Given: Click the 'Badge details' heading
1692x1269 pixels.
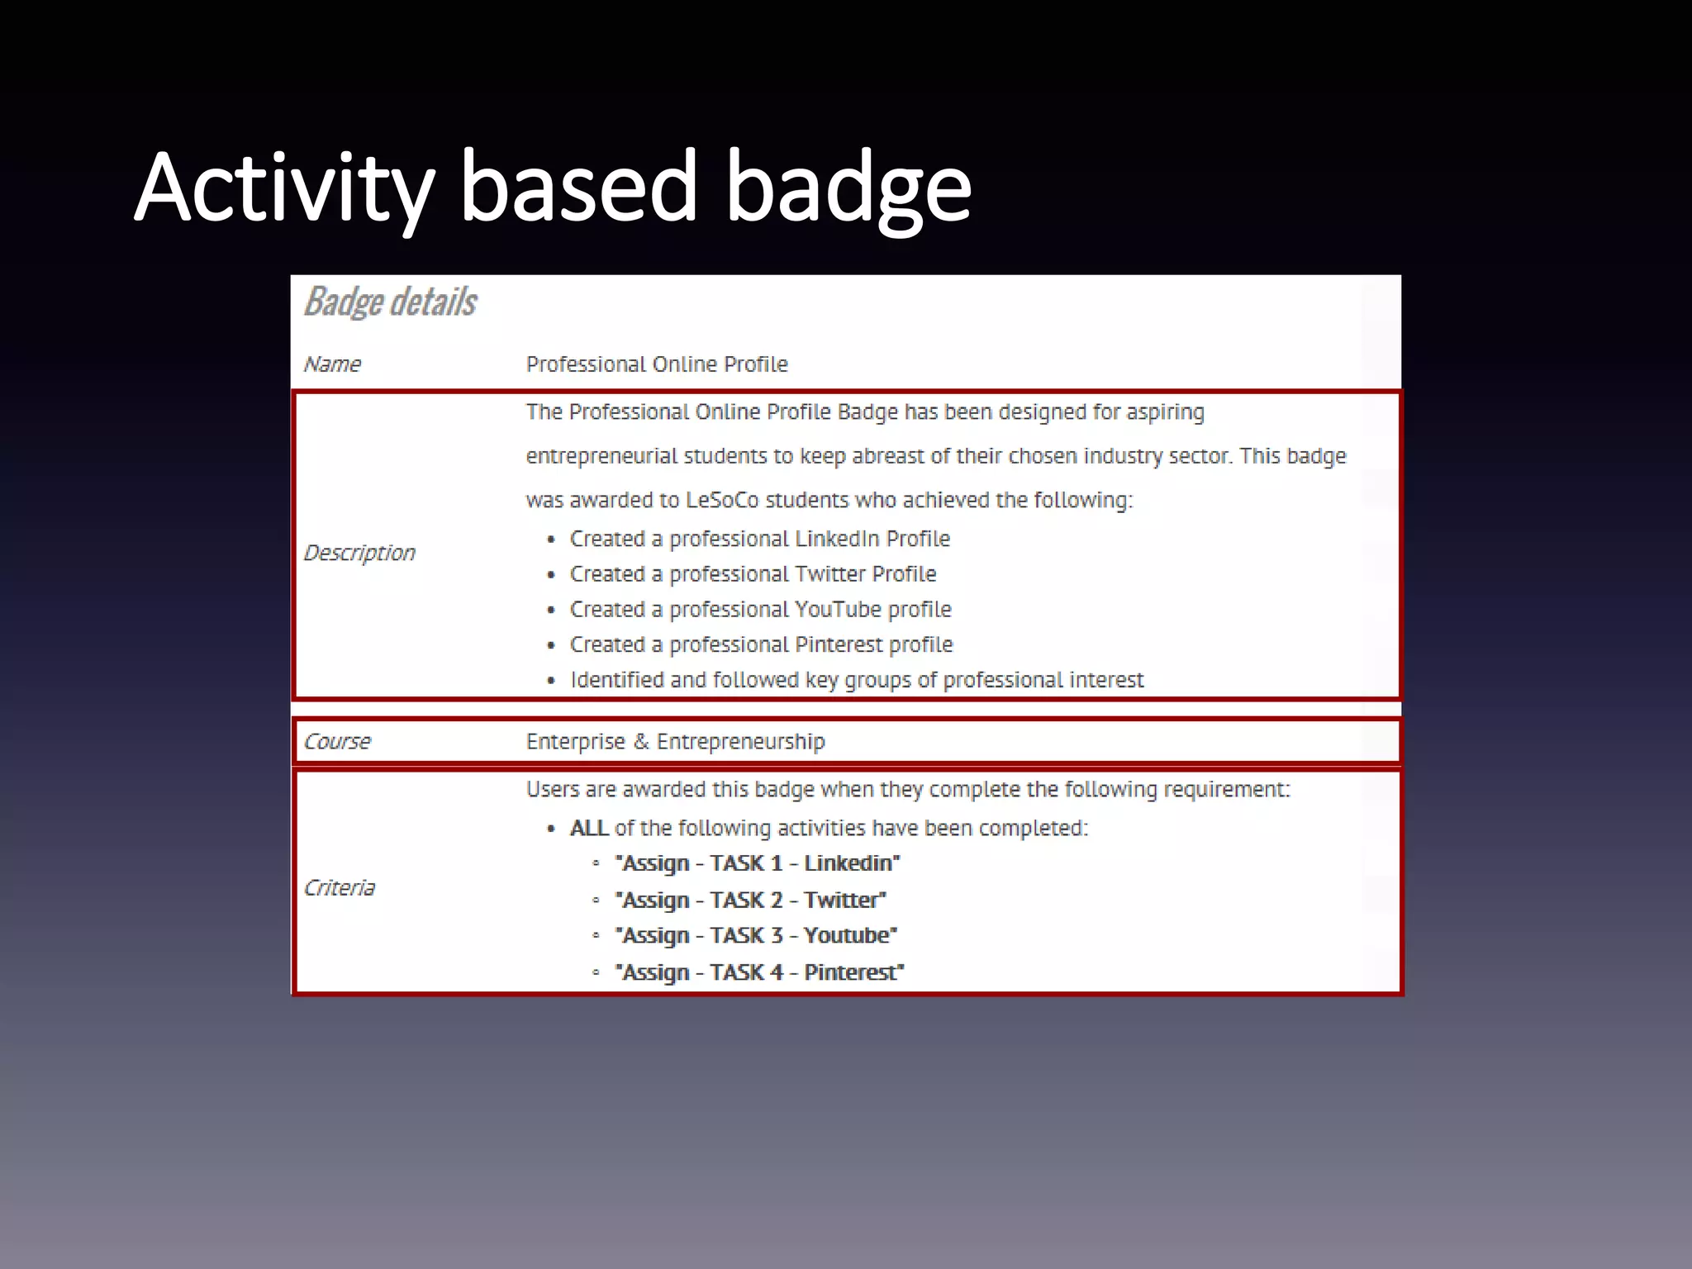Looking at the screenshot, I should [390, 302].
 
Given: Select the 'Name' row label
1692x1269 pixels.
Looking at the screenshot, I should [332, 364].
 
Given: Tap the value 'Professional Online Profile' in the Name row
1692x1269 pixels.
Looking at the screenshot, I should [657, 364].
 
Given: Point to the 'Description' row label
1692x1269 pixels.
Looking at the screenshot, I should [359, 553].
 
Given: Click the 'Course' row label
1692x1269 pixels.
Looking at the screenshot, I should [337, 742].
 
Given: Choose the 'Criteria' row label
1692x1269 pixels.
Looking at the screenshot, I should [340, 888].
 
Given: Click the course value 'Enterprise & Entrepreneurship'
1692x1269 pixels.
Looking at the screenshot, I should [675, 742].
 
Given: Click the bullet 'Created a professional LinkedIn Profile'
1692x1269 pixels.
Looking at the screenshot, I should [759, 539].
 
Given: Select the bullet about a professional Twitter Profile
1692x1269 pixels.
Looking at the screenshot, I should [753, 574].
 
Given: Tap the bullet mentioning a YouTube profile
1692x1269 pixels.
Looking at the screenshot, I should [760, 610].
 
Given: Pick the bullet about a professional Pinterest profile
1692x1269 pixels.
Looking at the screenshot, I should [761, 645].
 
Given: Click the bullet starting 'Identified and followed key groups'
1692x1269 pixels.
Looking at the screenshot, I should [857, 680].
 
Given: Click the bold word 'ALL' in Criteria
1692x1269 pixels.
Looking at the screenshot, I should [589, 829].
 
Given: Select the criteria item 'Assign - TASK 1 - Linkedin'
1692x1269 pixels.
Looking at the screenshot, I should [758, 864].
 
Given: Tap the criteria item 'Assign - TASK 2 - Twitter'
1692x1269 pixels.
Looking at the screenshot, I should [751, 901].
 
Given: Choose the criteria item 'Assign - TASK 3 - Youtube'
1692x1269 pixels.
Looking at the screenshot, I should [756, 936].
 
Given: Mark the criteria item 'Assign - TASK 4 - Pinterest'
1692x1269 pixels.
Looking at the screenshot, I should [759, 972].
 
